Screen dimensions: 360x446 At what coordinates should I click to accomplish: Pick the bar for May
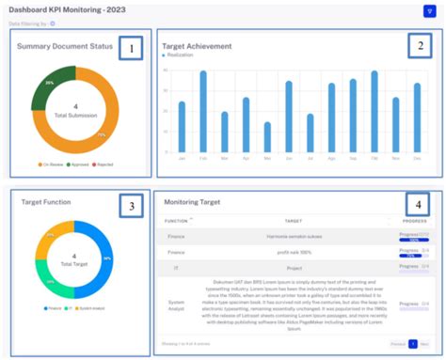click(x=267, y=137)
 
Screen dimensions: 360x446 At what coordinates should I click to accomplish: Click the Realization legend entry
click(x=181, y=55)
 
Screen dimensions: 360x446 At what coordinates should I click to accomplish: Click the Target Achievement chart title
click(x=199, y=44)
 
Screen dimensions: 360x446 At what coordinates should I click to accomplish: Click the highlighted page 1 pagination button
click(x=411, y=344)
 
